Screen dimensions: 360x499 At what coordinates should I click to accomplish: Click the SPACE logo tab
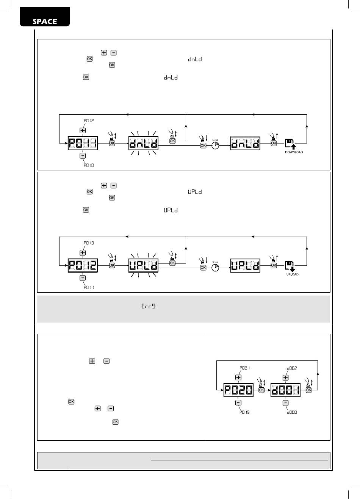tap(45, 21)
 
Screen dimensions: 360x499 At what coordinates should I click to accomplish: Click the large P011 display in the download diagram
tap(83, 143)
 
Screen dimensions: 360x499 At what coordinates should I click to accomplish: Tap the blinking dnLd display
tap(143, 143)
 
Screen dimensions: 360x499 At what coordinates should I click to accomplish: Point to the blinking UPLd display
tap(143, 266)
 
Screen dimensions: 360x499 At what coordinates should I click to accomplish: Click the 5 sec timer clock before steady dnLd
tap(215, 145)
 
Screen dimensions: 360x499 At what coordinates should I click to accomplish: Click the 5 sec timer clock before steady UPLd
tap(215, 267)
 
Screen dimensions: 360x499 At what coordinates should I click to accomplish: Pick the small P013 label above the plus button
tap(89, 243)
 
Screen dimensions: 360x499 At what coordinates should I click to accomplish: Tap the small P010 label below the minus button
tap(89, 165)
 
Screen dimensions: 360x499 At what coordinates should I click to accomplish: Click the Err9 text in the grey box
tap(148, 306)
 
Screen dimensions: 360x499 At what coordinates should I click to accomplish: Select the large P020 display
tap(238, 390)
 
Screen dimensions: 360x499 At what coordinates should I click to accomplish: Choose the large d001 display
tap(285, 390)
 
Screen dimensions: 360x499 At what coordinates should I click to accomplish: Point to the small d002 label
tap(291, 368)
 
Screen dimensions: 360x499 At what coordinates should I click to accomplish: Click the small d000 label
tap(291, 412)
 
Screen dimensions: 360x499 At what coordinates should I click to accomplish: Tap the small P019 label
tap(244, 412)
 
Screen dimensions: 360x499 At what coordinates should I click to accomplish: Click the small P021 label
tap(244, 368)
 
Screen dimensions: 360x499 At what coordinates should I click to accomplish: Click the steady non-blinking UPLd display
tap(245, 266)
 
